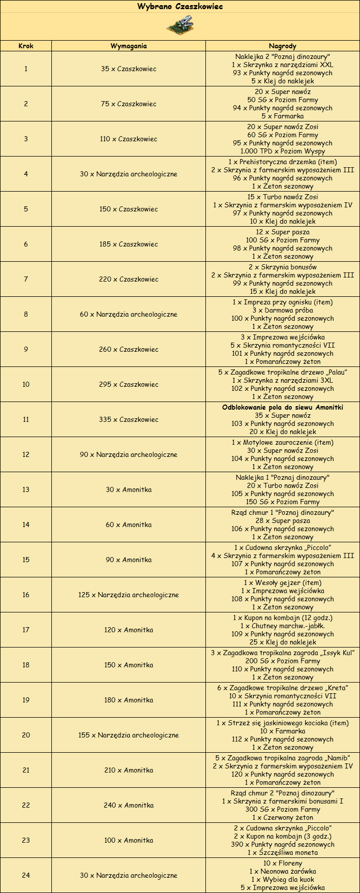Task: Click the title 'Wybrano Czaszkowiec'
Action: coord(180,7)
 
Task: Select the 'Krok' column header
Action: coord(26,46)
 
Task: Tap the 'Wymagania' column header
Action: coord(129,46)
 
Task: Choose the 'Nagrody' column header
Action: coord(283,46)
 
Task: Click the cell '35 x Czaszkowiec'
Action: coord(129,69)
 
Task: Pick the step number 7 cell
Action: coord(26,279)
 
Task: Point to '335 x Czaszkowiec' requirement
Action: coord(129,419)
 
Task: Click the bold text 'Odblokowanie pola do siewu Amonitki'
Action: coord(283,407)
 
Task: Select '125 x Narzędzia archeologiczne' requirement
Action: coord(129,595)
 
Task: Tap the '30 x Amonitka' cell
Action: coord(129,489)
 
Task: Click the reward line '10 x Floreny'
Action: coord(283,863)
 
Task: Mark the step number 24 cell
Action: coord(26,875)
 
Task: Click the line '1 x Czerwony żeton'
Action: coord(283,817)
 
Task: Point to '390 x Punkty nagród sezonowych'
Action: coord(283,844)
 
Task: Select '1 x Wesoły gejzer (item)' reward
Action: coord(283,582)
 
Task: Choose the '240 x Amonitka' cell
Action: coord(129,805)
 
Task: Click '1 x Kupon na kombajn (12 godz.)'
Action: coord(283,618)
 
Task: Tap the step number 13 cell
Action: coord(26,489)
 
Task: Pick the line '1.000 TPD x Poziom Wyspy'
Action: coord(283,151)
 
